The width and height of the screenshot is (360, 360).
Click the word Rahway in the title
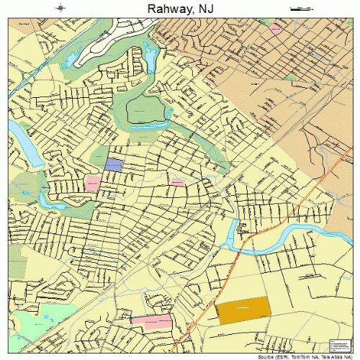pos(166,9)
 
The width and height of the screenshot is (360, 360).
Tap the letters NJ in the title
pos(207,9)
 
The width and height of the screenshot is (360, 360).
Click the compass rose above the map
pos(60,9)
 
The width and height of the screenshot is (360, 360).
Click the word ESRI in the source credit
pos(279,356)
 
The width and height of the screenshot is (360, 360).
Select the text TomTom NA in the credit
pos(302,356)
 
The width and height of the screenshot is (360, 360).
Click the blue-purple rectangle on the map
pos(114,164)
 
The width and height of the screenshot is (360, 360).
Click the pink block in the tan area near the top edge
pos(276,29)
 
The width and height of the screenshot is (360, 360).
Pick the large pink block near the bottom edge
pos(152,320)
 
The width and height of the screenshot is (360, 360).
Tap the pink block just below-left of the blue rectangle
pos(93,183)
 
